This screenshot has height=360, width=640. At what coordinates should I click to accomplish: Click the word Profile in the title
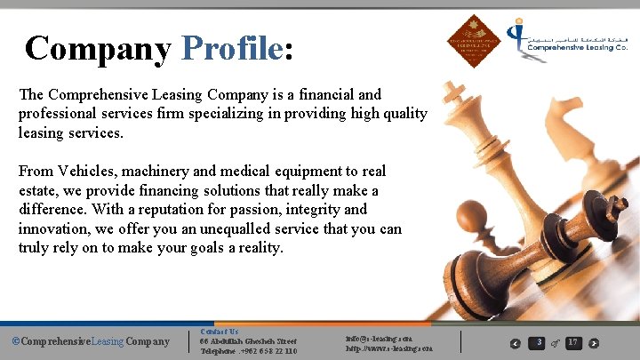tap(232, 48)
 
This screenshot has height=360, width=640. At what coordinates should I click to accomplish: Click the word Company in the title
tap(98, 48)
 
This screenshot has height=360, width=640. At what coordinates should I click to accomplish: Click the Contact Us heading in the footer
tap(219, 332)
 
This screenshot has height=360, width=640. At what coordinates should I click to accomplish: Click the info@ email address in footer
tap(388, 339)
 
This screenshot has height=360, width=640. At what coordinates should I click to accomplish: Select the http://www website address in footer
tap(388, 348)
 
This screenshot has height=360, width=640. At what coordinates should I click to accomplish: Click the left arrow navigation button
tap(516, 343)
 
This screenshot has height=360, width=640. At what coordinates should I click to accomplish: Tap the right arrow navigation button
tap(594, 343)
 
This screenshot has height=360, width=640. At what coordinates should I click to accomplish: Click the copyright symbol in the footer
tap(15, 341)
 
